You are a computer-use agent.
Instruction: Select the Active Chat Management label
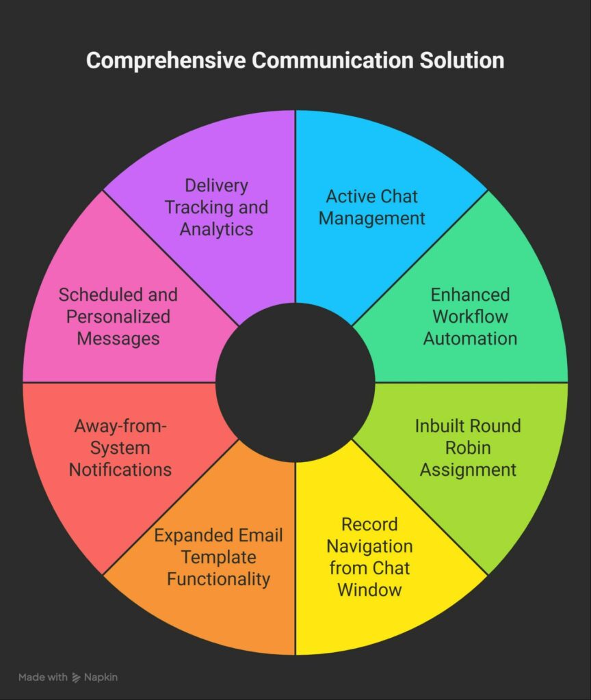[371, 208]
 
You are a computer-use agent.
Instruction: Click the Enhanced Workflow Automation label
[470, 317]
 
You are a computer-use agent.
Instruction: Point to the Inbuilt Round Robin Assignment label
[468, 448]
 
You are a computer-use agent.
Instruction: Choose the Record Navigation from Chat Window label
[370, 557]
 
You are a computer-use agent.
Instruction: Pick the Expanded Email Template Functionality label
[218, 557]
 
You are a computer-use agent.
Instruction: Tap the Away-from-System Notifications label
[120, 448]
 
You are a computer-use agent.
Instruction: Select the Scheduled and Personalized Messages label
[118, 317]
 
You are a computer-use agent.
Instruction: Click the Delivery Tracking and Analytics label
[216, 207]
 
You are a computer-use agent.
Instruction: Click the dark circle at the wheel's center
[295, 382]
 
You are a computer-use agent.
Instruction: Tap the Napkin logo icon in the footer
[76, 677]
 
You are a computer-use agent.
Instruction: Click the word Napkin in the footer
[101, 677]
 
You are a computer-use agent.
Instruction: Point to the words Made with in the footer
[42, 677]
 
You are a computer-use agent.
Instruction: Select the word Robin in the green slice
[467, 448]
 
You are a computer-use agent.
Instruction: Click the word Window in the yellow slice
[370, 589]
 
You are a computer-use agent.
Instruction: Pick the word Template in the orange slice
[218, 557]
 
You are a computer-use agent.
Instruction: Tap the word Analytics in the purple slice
[216, 229]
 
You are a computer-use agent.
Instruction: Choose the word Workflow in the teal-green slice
[470, 317]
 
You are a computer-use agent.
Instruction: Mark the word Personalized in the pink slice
[118, 317]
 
